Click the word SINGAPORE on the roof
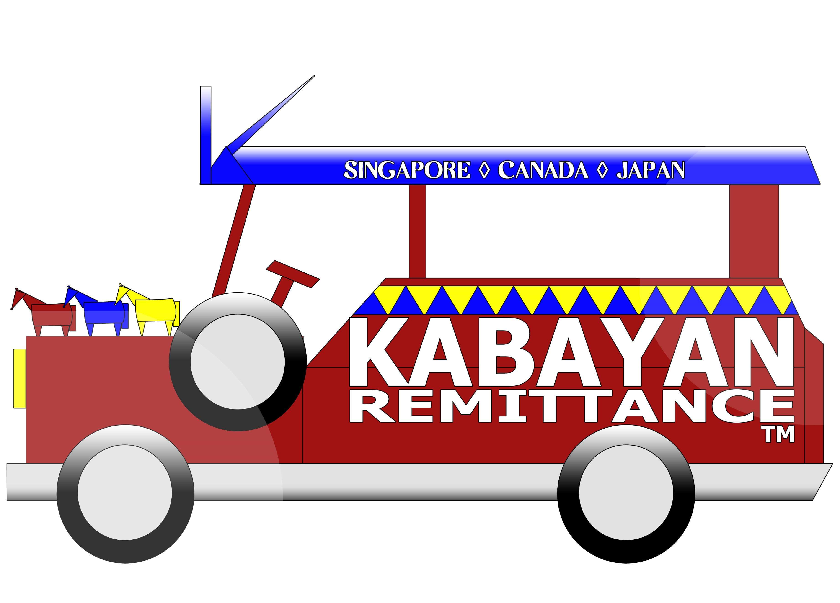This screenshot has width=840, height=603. (407, 170)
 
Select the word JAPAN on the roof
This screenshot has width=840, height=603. (650, 170)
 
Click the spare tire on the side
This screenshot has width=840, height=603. (238, 362)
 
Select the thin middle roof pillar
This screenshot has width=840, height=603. (417, 231)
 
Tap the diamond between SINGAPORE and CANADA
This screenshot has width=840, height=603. (484, 170)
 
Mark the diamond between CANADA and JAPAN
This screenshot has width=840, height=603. (603, 170)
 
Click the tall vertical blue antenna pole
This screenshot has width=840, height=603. (206, 135)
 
